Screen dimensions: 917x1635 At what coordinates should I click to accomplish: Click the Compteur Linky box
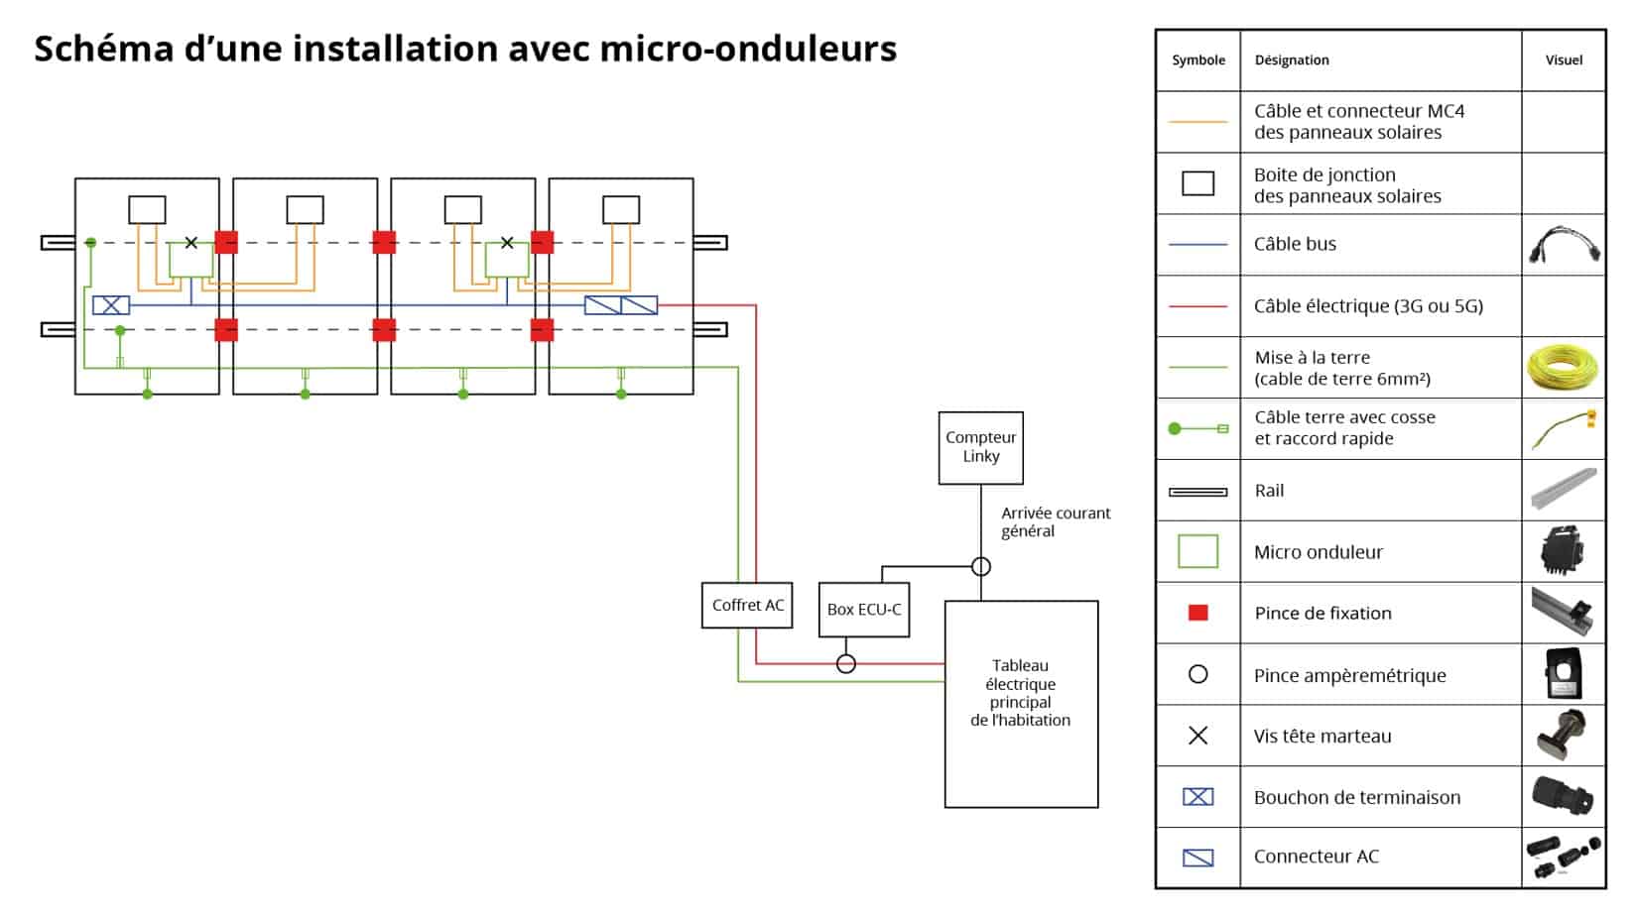coord(980,447)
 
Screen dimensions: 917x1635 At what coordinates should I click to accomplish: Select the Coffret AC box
coord(747,605)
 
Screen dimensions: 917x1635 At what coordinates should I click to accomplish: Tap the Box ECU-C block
coord(863,609)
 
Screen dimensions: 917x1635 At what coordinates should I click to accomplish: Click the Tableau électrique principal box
coord(1021,703)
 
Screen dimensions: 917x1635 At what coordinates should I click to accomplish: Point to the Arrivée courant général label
coord(1055,521)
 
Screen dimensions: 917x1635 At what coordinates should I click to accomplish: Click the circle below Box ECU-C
coord(846,663)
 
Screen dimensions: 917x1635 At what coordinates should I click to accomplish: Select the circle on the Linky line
coord(981,566)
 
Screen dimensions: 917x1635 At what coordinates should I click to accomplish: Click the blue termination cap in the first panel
coord(111,305)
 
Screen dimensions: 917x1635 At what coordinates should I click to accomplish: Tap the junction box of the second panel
coord(305,209)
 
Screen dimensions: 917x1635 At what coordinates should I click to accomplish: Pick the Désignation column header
coord(1291,60)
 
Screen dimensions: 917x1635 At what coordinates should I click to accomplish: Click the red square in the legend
coord(1197,613)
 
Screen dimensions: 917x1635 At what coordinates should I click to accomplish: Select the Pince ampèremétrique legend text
coord(1349,675)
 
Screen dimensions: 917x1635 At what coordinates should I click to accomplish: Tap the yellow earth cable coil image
coord(1564,368)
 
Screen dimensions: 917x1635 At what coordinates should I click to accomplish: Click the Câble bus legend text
coord(1295,244)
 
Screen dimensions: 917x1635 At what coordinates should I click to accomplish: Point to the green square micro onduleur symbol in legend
coord(1197,551)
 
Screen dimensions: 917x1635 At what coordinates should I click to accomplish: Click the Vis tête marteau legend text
coord(1321,736)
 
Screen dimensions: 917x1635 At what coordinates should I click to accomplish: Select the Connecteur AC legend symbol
coord(1197,857)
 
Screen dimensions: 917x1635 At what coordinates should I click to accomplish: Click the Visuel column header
coord(1564,60)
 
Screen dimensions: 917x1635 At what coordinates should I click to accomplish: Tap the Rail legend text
coord(1269,491)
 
